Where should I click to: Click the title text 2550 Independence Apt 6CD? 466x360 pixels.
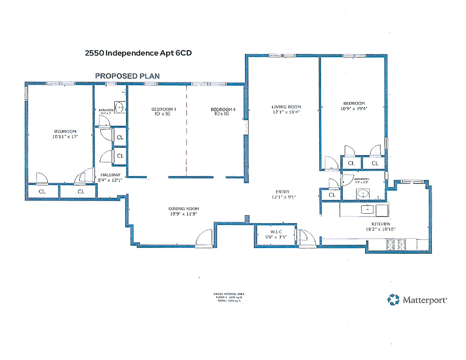click(139, 53)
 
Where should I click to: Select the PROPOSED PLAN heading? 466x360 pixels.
click(127, 76)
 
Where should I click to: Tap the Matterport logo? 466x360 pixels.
click(417, 300)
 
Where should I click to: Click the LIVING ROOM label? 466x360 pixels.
click(286, 107)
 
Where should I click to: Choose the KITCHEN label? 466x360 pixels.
click(380, 224)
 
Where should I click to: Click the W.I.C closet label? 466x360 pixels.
click(275, 232)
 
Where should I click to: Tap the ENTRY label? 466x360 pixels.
click(283, 191)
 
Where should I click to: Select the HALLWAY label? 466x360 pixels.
click(110, 175)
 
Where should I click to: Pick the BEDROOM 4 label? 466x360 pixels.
click(223, 109)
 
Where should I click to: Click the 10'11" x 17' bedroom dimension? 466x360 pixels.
click(66, 137)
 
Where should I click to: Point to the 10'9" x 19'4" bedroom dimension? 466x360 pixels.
click(354, 108)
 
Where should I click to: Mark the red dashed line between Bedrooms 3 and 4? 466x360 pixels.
click(186, 130)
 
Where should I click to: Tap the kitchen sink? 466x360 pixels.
click(368, 209)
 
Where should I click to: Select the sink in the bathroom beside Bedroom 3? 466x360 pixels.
click(120, 107)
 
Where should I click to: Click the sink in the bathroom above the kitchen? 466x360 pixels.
click(363, 194)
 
